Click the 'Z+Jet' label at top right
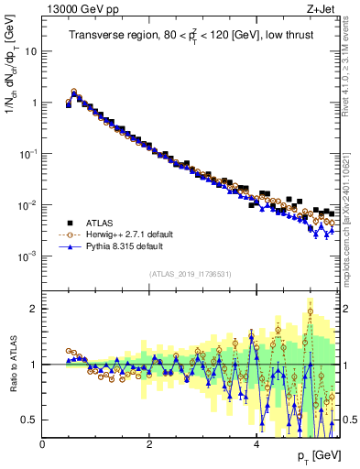pyautogui.click(x=317, y=10)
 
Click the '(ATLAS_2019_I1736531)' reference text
pyautogui.click(x=190, y=274)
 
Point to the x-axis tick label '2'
pyautogui.click(x=149, y=444)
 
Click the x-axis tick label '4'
pyautogui.click(x=256, y=444)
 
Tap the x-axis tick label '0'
pyautogui.click(x=43, y=444)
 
